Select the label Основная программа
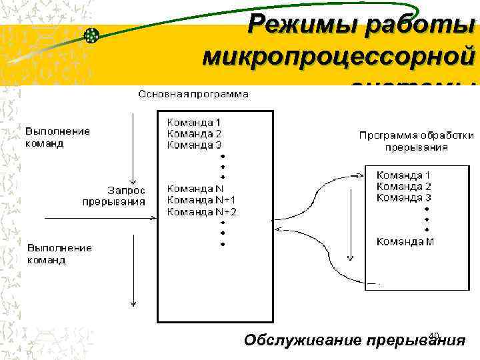click(193, 94)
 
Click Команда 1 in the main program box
click(194, 123)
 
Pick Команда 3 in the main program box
click(194, 144)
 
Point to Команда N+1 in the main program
click(201, 200)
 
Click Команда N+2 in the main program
click(201, 211)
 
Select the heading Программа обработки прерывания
click(417, 141)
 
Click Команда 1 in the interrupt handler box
click(404, 175)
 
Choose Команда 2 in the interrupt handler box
click(404, 186)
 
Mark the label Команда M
click(405, 242)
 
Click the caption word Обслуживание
click(303, 341)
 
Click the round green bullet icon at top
click(92, 35)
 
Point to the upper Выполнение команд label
click(58, 137)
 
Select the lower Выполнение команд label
click(59, 254)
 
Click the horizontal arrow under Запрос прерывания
click(100, 217)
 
